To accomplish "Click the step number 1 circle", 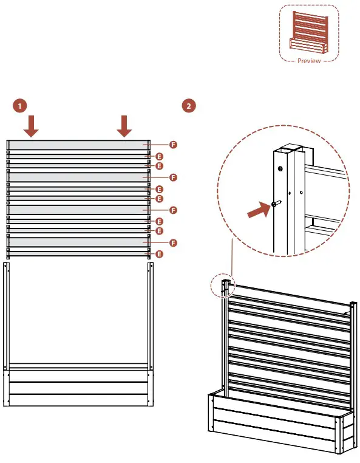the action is [20, 106].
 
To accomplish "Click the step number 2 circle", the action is [189, 106].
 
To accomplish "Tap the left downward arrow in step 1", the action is [31, 126].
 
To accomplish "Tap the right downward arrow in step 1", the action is [124, 126].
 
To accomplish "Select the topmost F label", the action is [173, 145].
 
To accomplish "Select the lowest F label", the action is [173, 242].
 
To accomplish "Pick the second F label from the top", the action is [173, 177].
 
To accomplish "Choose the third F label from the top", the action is [173, 210].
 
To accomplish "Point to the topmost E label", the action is [159, 157].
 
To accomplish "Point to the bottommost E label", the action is [159, 254].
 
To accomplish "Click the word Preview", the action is [309, 61].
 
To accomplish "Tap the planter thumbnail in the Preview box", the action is [308, 32].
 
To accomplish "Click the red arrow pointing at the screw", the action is [259, 210].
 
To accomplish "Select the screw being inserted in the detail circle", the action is [276, 204].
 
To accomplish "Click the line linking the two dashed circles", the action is [232, 257].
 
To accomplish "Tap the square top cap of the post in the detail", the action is [291, 148].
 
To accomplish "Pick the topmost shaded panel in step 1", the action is [78, 145].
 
